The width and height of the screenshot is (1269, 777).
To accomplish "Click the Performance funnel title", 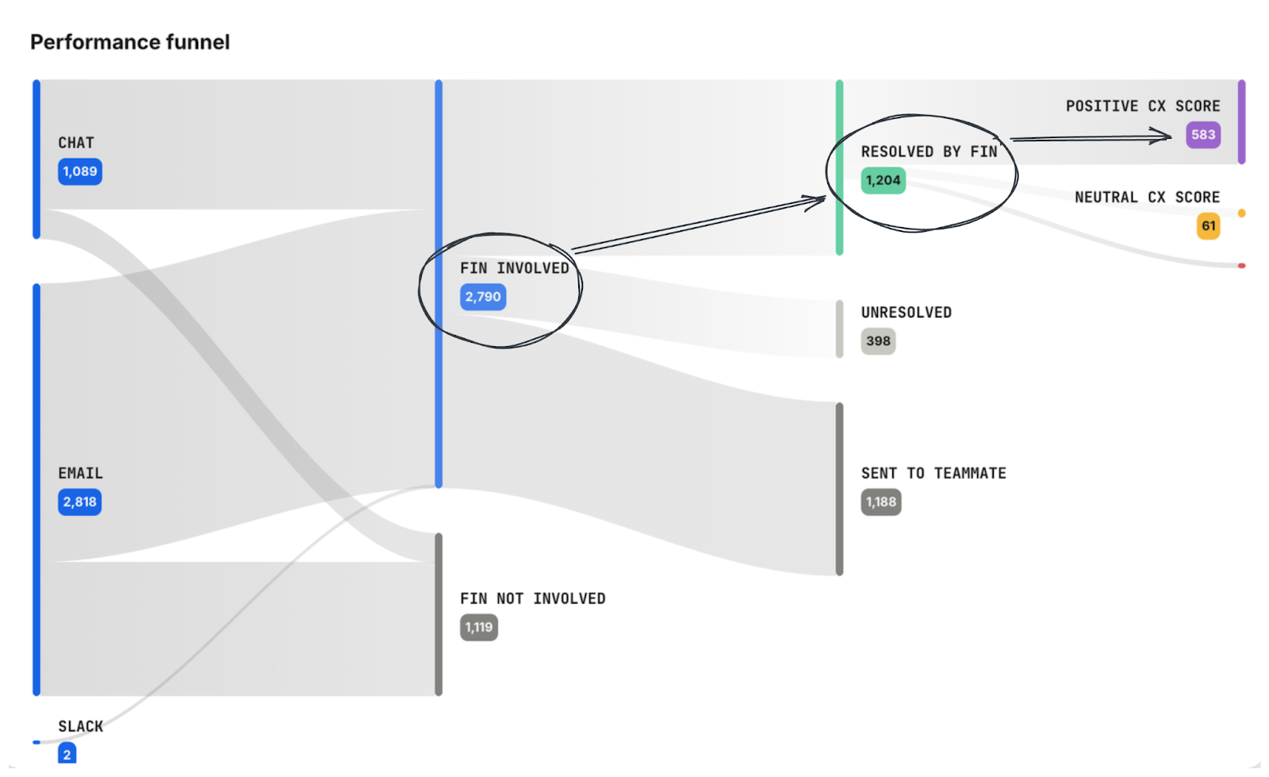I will (130, 42).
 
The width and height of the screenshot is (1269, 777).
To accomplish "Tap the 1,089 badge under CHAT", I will (80, 171).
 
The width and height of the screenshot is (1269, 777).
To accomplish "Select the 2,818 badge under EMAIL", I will (80, 502).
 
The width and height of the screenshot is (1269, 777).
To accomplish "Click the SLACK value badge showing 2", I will (67, 754).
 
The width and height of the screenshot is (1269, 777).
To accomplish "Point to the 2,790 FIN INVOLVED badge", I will (483, 297).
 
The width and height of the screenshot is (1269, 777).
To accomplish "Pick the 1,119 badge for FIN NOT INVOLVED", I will (479, 628).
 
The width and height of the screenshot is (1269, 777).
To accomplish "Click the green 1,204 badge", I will (884, 180).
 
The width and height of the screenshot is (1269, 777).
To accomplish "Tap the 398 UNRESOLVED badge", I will (878, 341).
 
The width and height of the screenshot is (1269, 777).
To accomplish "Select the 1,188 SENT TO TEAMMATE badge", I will (881, 502).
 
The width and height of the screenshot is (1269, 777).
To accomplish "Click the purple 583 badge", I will (1203, 135).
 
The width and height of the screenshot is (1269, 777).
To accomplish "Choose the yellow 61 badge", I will (1209, 226).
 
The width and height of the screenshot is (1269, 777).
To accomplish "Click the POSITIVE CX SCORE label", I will (1143, 106).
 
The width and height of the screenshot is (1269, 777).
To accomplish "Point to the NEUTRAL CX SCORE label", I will (1147, 198).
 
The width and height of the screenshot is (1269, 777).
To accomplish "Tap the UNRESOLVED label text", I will (907, 313).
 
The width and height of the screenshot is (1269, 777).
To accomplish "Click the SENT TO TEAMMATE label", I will (934, 474).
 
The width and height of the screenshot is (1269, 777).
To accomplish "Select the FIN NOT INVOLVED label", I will (533, 599).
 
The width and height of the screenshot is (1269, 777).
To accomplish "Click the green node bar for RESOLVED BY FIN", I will (840, 167).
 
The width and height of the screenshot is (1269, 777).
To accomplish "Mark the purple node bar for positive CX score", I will (1241, 121).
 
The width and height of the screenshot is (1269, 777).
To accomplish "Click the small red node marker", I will (1241, 266).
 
